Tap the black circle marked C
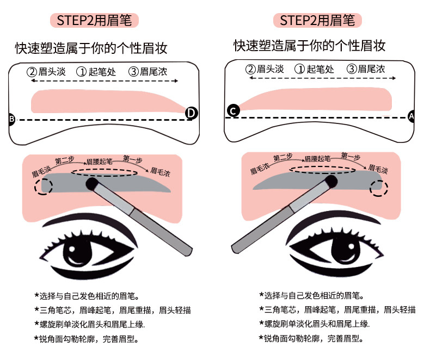pos(233,111)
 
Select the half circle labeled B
pos(11,119)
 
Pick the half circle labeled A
pos(411,116)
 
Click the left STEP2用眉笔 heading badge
pos(94,20)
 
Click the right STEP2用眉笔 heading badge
pos(317,20)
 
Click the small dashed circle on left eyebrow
pos(43,186)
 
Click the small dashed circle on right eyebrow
pos(379,188)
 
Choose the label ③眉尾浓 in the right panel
pos(366,69)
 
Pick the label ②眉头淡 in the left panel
pos(48,71)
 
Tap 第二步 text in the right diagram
pos(283,158)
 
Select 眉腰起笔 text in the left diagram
pos(101,162)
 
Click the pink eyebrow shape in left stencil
pos(106,101)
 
